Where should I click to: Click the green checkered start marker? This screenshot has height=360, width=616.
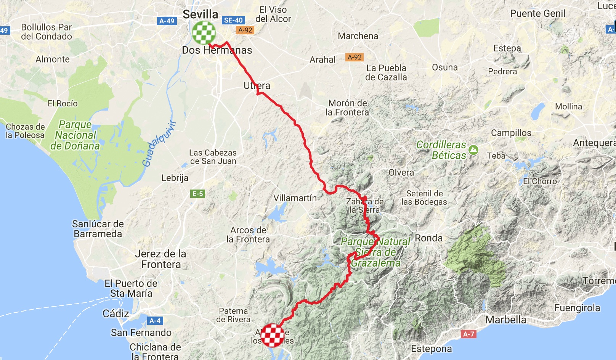[204, 33]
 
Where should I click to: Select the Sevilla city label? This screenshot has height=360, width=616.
[201, 14]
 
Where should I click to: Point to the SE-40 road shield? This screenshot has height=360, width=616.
[233, 21]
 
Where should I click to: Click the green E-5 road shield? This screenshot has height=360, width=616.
[197, 194]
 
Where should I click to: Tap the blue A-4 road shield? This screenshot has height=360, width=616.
[155, 321]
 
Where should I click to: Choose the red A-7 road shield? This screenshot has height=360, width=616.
[468, 334]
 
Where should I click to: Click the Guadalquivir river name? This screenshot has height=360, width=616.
[159, 144]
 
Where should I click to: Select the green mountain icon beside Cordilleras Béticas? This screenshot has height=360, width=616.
[473, 150]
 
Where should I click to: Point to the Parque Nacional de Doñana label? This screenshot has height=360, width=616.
[75, 135]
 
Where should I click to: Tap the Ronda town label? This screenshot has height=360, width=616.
[428, 238]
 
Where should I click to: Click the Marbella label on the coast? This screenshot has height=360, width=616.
[505, 320]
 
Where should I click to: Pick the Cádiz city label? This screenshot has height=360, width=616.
[116, 313]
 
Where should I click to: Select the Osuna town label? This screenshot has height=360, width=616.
[445, 67]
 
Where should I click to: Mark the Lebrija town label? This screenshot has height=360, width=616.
[175, 178]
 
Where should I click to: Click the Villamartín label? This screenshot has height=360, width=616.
[295, 198]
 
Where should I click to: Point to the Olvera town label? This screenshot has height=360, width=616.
[401, 173]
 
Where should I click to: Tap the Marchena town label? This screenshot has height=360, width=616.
[358, 36]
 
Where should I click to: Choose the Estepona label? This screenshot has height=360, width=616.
[431, 349]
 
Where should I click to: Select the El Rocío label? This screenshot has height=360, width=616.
[63, 103]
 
